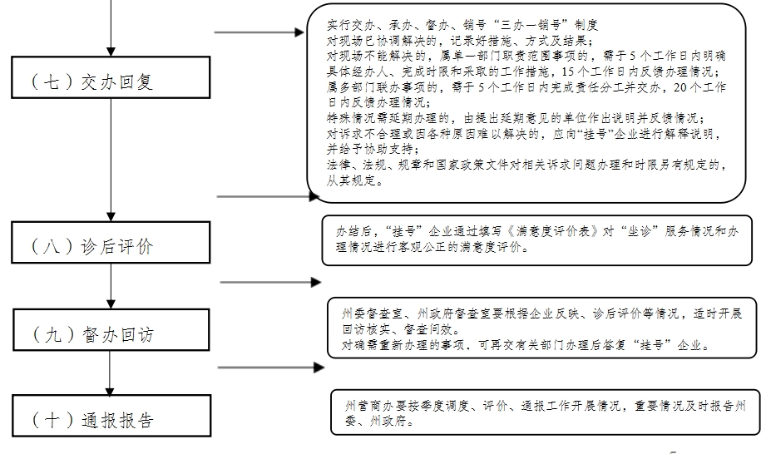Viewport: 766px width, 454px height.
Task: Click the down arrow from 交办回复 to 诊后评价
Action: [111, 160]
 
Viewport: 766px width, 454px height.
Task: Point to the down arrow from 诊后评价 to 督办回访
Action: [111, 285]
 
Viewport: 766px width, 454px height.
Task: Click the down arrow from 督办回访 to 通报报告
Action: [110, 373]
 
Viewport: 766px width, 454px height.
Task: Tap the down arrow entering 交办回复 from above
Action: [111, 28]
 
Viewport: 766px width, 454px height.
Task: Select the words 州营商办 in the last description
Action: [369, 406]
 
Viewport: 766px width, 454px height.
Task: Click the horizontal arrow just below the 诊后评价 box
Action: [270, 282]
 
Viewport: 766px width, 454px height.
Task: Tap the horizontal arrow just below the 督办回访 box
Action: [271, 367]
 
